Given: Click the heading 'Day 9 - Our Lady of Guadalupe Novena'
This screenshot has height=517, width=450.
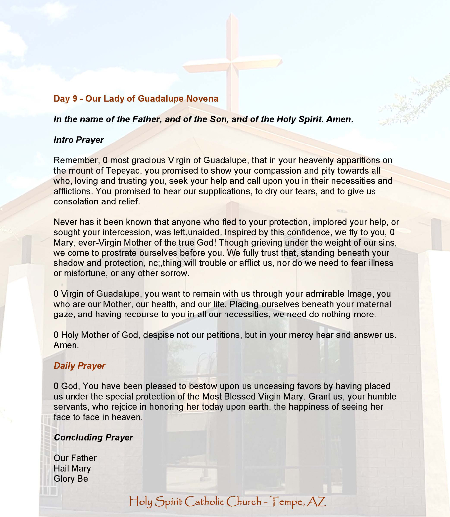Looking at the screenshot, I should (x=136, y=99).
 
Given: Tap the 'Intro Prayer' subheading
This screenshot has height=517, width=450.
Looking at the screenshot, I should (x=78, y=140).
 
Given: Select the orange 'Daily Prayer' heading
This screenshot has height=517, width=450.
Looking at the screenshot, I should (x=79, y=366).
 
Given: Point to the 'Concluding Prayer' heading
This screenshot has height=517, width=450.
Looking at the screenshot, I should (x=93, y=437).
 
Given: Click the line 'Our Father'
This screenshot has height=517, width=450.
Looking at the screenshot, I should (x=75, y=458).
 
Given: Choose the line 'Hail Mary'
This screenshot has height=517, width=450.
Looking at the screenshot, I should (x=72, y=468).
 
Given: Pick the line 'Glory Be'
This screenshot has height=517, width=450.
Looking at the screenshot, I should (x=71, y=479).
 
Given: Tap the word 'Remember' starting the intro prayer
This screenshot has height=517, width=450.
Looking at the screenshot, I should (x=75, y=160).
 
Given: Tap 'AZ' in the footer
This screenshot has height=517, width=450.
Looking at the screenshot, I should (x=316, y=502).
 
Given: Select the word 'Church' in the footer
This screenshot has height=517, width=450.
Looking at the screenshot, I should (x=244, y=502).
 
